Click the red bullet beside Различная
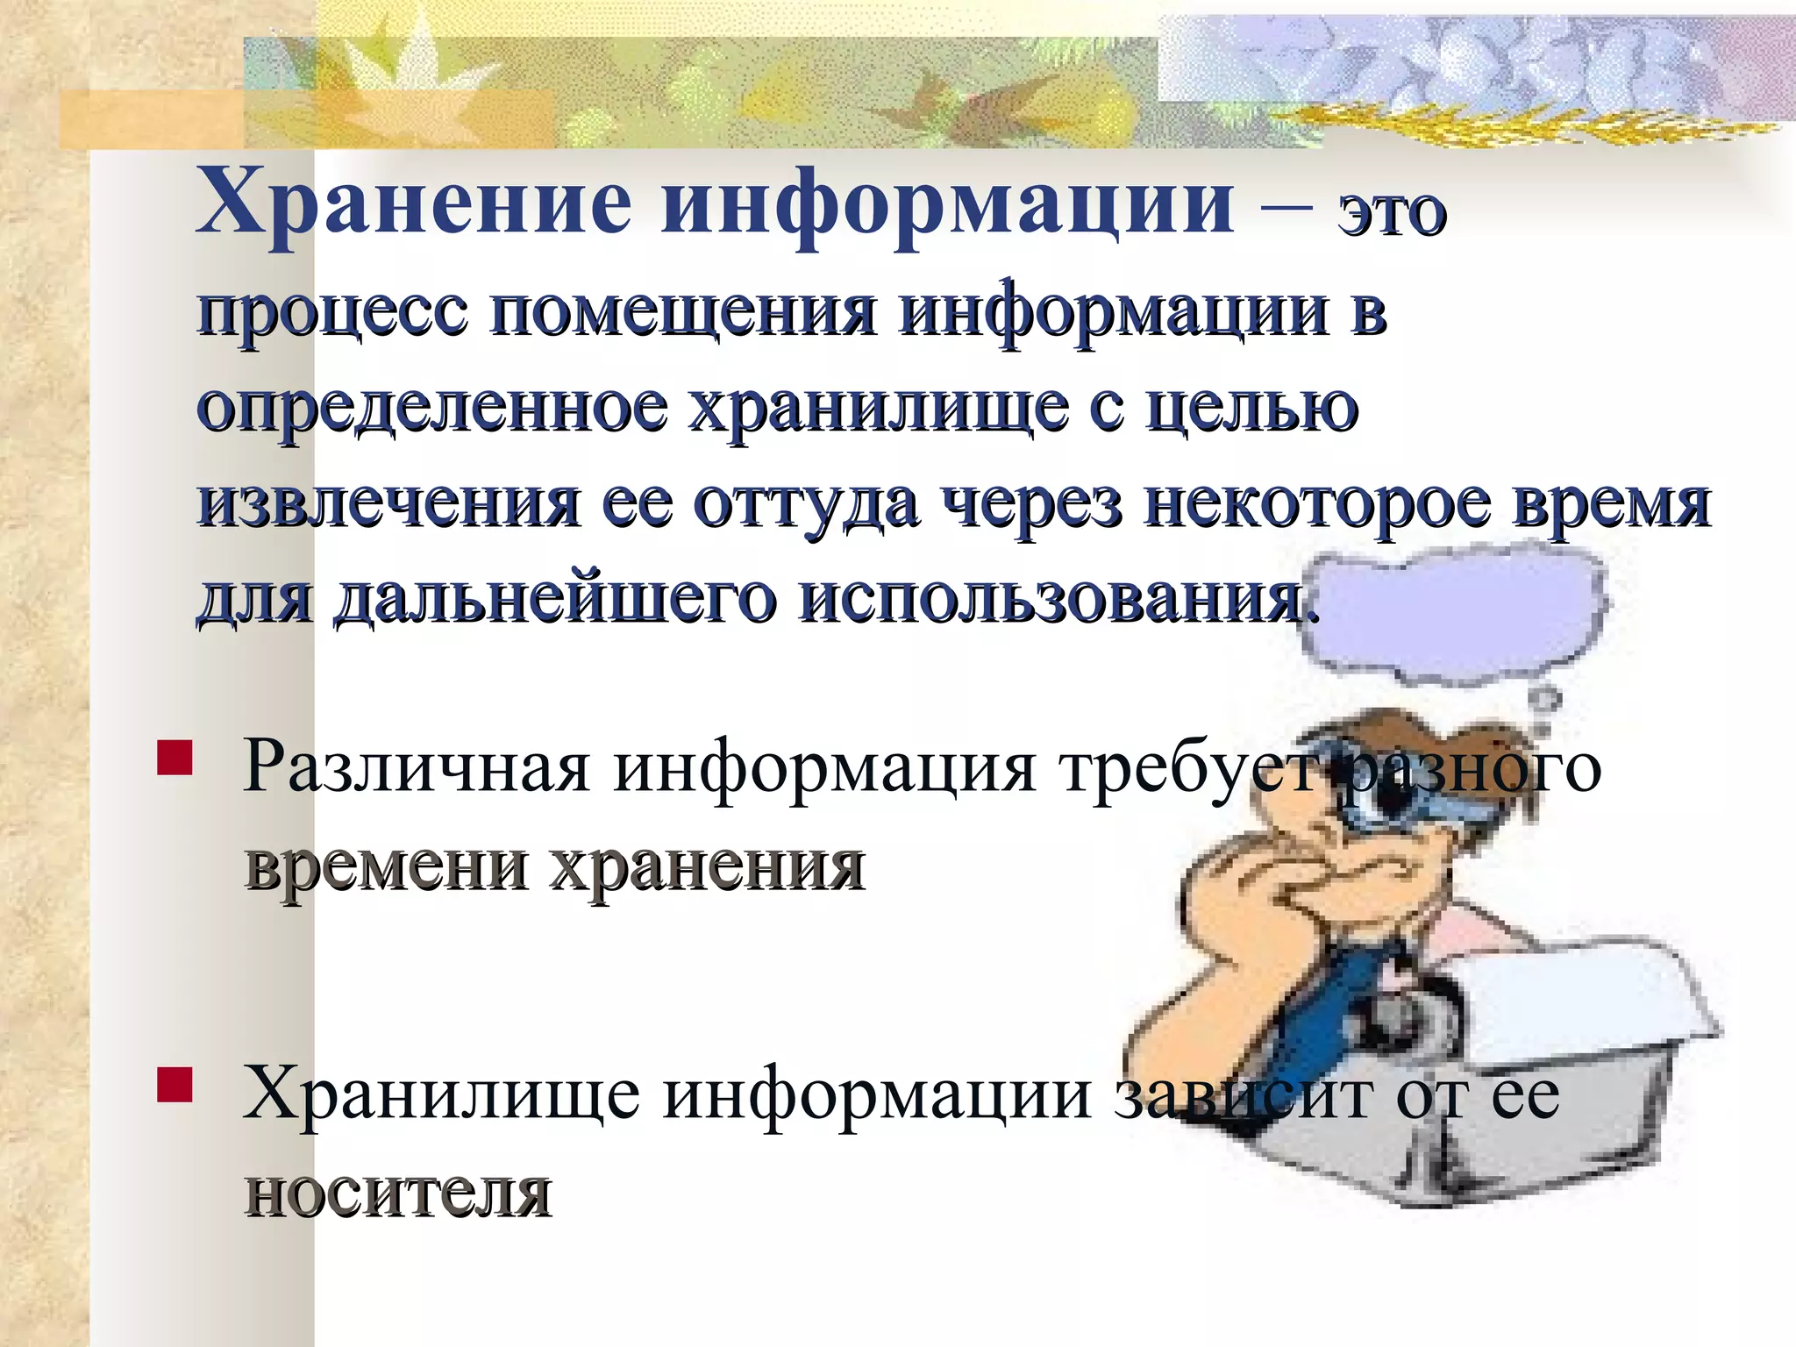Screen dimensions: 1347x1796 tap(175, 759)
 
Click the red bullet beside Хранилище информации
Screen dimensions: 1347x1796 tap(175, 1084)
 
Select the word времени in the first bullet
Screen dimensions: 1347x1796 tap(385, 867)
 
